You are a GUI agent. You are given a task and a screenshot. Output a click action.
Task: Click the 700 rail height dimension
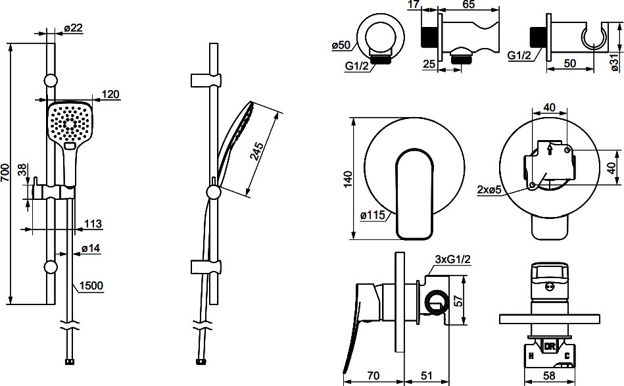[x=5, y=173]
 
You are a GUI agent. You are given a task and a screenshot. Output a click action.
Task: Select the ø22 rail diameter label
[x=73, y=28]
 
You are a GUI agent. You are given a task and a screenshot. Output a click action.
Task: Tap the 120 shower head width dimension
[x=110, y=94]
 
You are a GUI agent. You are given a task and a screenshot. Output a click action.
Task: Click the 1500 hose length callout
[x=91, y=286]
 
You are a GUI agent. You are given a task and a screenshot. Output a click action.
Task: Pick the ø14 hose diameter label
[x=91, y=249]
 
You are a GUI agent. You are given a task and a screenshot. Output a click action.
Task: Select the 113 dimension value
[x=93, y=224]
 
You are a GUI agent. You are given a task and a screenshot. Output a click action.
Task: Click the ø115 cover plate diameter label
[x=373, y=215]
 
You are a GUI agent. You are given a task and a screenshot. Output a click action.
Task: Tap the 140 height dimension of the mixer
[x=347, y=179]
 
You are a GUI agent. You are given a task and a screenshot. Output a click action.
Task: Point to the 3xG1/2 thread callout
[x=452, y=260]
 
